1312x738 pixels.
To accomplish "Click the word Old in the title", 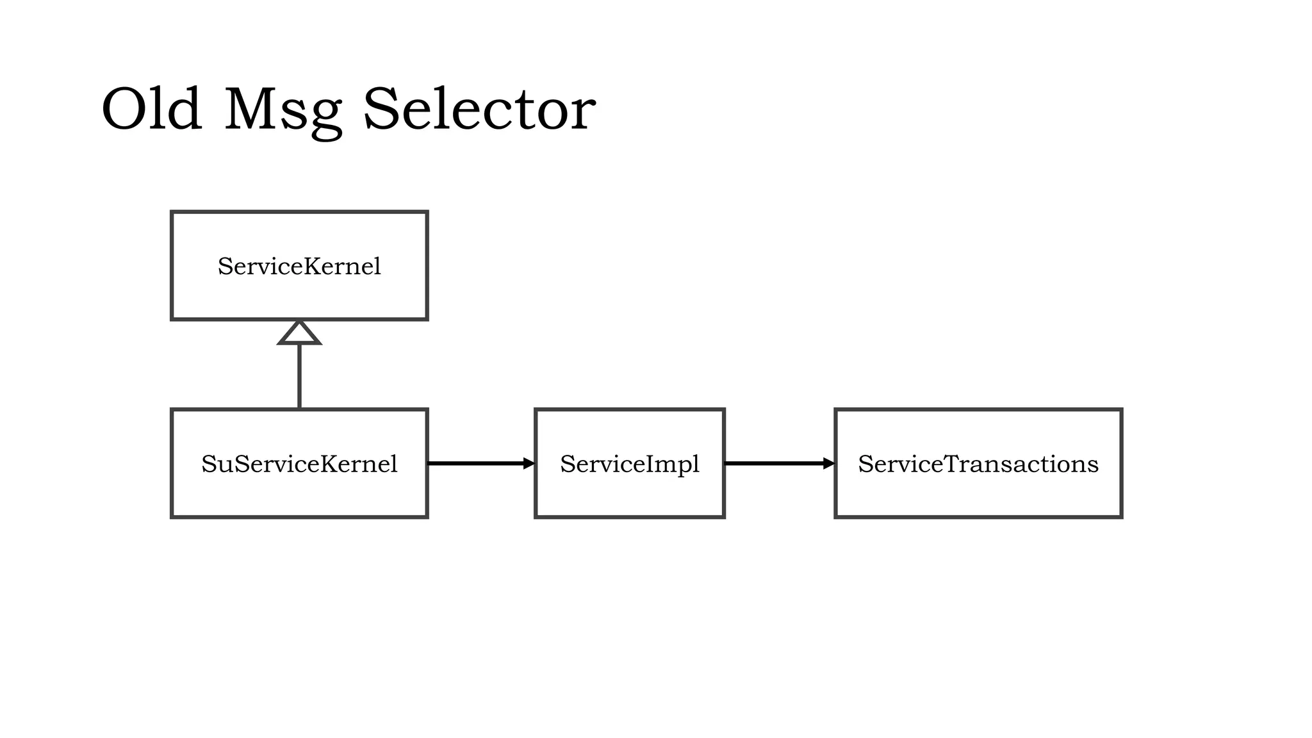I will [x=152, y=110].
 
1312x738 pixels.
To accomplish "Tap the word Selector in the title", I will [x=479, y=110].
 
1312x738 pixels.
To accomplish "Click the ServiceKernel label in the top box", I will [x=299, y=266].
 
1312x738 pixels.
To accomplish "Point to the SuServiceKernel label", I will [x=299, y=464].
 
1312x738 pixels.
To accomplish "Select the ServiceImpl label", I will [x=629, y=464].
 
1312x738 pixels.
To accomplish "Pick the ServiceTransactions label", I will [x=978, y=464].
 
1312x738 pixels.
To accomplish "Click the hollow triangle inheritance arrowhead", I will [x=299, y=333].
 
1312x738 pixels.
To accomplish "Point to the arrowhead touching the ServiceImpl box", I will [x=529, y=463].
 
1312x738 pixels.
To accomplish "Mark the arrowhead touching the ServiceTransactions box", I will [x=829, y=463].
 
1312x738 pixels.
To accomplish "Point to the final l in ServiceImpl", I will [x=696, y=463].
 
